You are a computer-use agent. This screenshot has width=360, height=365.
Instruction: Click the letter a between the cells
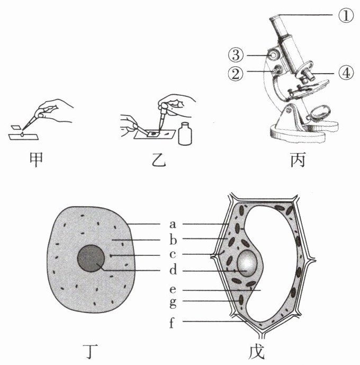point(172,225)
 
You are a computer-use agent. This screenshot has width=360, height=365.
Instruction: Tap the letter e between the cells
point(172,290)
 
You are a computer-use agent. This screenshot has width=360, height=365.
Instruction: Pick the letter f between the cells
point(172,322)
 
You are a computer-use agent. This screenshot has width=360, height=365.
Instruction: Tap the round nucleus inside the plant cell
point(247,263)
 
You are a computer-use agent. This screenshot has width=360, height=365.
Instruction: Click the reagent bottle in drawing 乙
point(184,133)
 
